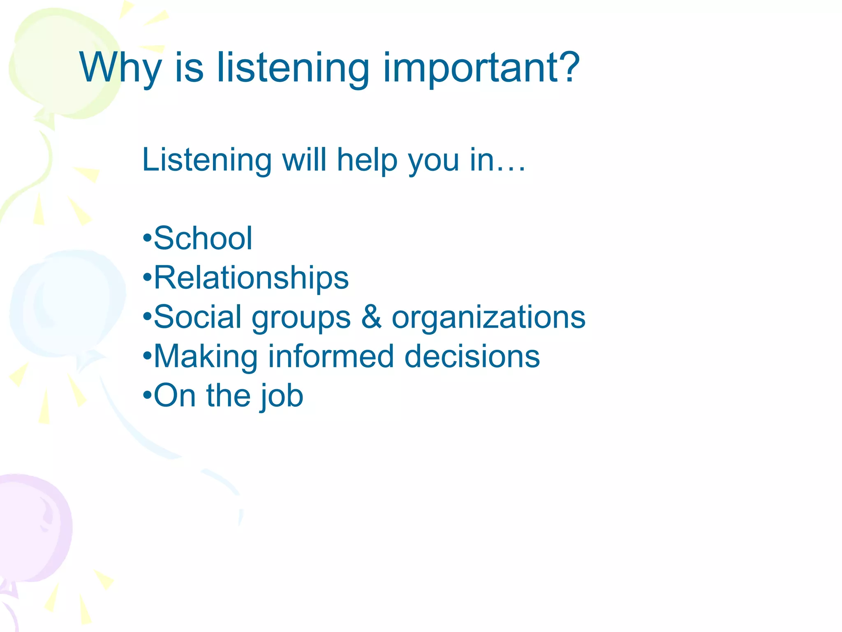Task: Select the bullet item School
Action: (x=203, y=238)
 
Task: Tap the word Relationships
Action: (x=251, y=278)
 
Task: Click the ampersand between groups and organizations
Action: (x=371, y=317)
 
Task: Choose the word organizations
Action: (x=488, y=318)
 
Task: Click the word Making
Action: (x=205, y=356)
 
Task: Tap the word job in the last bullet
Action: (x=282, y=396)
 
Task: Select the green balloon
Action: (x=62, y=62)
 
